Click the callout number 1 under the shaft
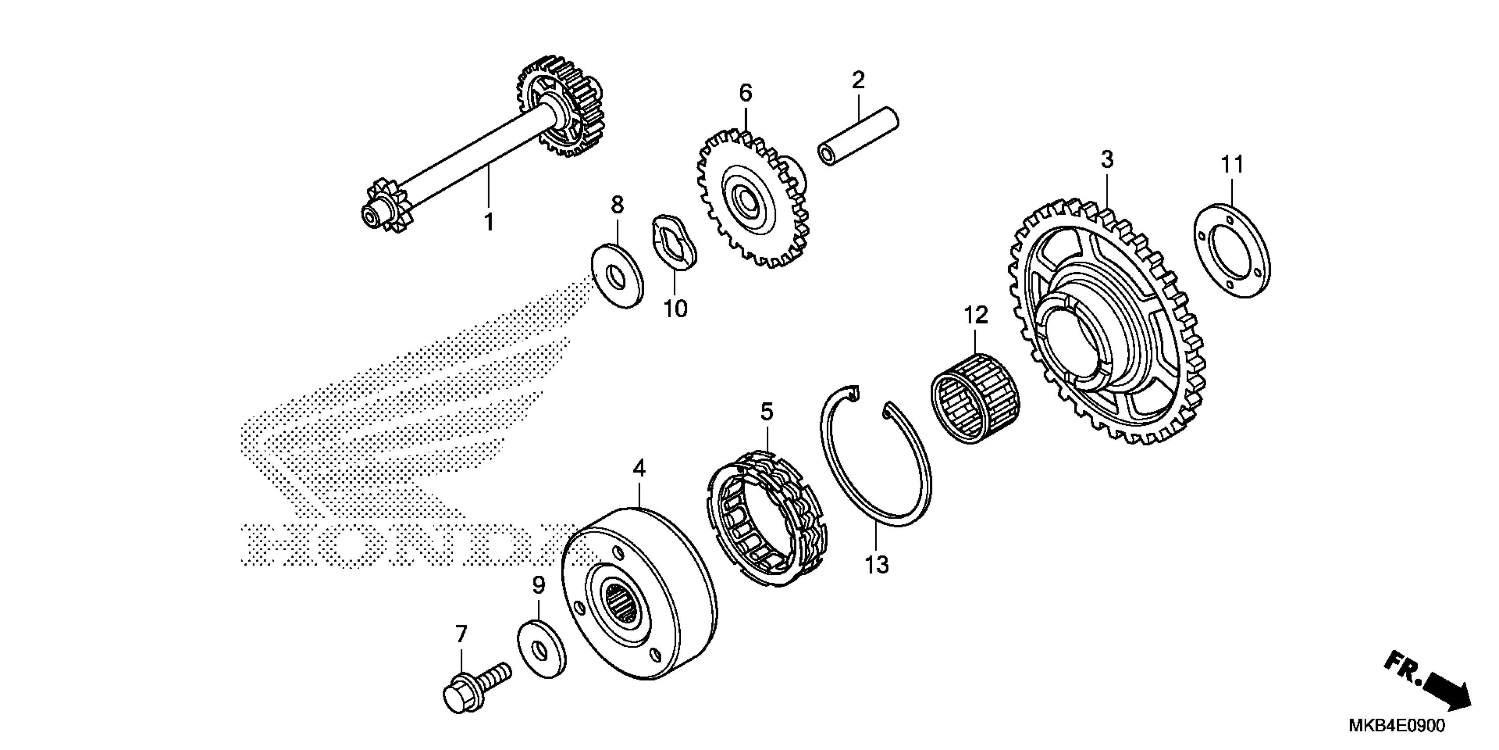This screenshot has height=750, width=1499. (x=489, y=222)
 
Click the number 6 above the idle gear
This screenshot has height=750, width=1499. (x=746, y=93)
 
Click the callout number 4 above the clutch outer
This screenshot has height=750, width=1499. (x=639, y=469)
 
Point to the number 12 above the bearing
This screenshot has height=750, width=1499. (x=976, y=315)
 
